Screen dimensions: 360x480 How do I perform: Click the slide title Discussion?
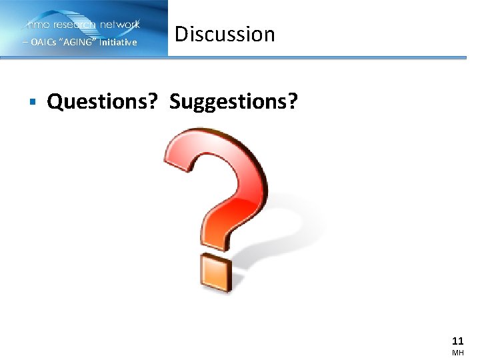tap(225, 34)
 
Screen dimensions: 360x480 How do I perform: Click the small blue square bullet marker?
tap(31, 102)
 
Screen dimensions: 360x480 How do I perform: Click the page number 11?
tap(457, 339)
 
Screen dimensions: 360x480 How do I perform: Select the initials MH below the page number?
tap(457, 353)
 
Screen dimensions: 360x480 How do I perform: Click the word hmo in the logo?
tap(39, 25)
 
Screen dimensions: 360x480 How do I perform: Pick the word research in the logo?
tap(75, 25)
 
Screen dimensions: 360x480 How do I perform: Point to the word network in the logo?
tap(119, 25)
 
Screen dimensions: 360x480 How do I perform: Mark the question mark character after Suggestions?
tap(293, 102)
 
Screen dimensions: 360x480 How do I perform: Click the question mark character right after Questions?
tap(153, 102)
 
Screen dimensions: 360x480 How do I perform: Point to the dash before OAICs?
tap(25, 43)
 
